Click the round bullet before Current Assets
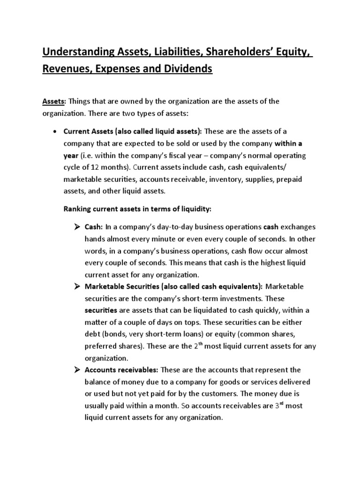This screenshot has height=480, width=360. coord(56,131)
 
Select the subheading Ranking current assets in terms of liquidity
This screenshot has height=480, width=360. coord(134,209)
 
